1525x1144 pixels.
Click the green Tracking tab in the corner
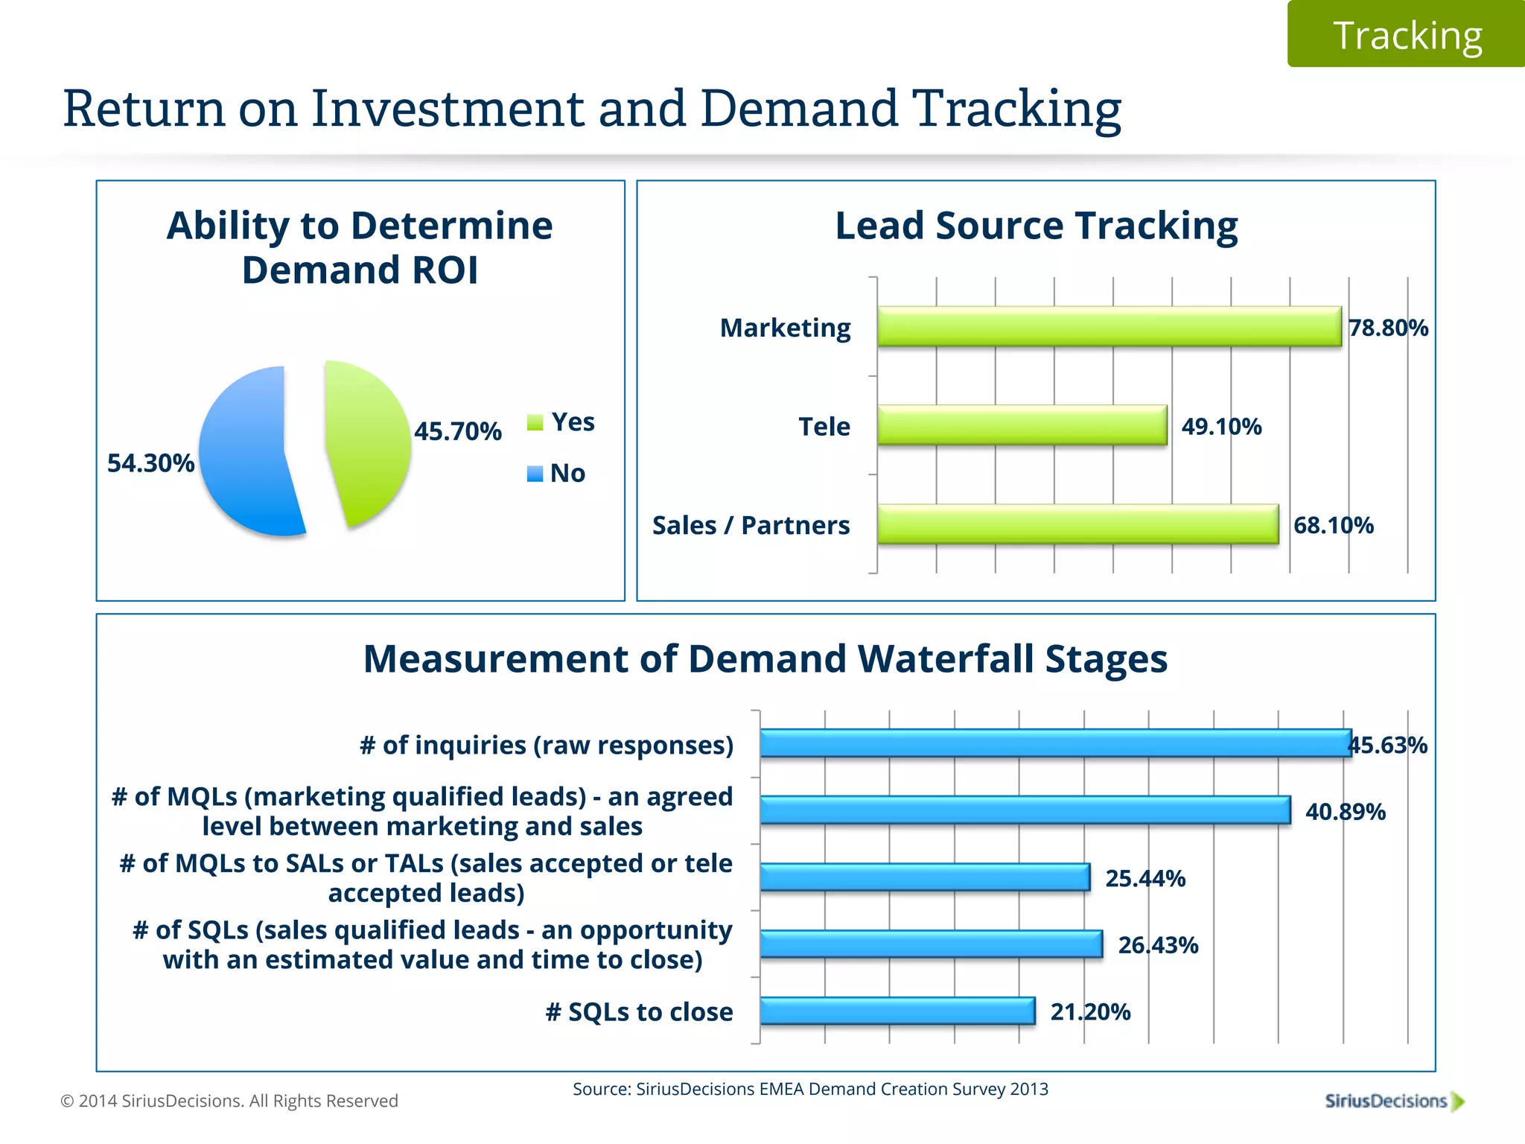click(x=1406, y=35)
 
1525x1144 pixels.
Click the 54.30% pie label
click(x=150, y=463)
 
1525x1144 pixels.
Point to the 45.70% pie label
click(x=457, y=431)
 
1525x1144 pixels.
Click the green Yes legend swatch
click(x=535, y=422)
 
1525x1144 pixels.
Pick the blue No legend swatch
click(x=535, y=474)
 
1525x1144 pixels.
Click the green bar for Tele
click(x=1022, y=425)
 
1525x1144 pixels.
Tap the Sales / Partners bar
click(x=1077, y=524)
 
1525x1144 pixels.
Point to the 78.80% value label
click(x=1388, y=328)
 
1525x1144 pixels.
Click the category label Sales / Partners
click(x=751, y=525)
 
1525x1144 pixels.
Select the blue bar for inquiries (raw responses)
click(x=1054, y=743)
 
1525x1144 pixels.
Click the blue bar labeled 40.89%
click(x=1025, y=810)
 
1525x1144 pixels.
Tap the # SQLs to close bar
click(x=897, y=1011)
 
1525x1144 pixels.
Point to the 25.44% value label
click(x=1144, y=878)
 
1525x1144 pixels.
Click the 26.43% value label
click(x=1157, y=945)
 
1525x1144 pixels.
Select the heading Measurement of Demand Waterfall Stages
click(x=765, y=658)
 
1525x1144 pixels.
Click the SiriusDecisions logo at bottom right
click(x=1393, y=1101)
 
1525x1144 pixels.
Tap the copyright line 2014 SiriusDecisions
click(x=229, y=1101)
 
